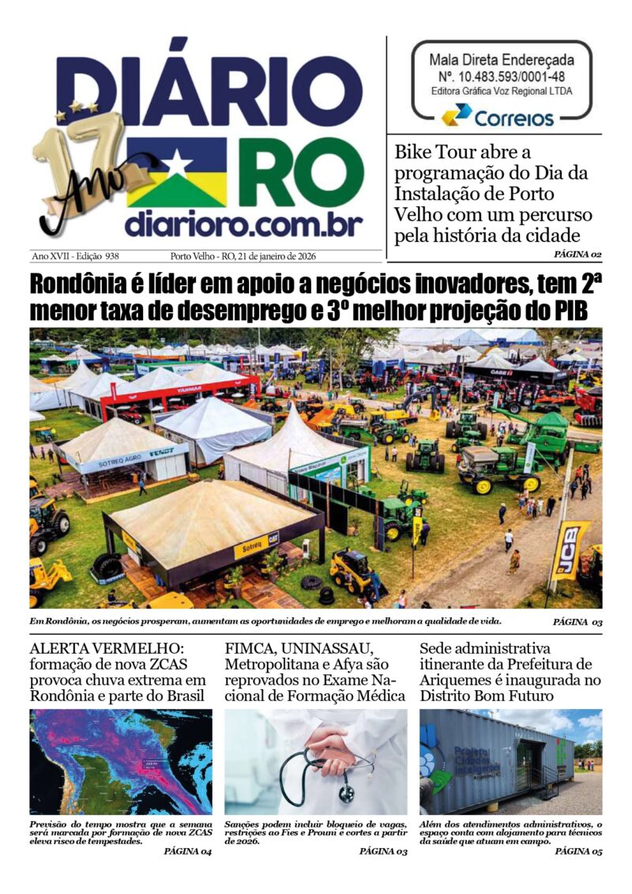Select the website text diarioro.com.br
(243, 224)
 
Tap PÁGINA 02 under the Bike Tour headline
(578, 255)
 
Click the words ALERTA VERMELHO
(109, 647)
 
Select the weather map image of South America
(121, 761)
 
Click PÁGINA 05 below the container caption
(578, 852)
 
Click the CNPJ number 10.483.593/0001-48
(502, 77)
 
